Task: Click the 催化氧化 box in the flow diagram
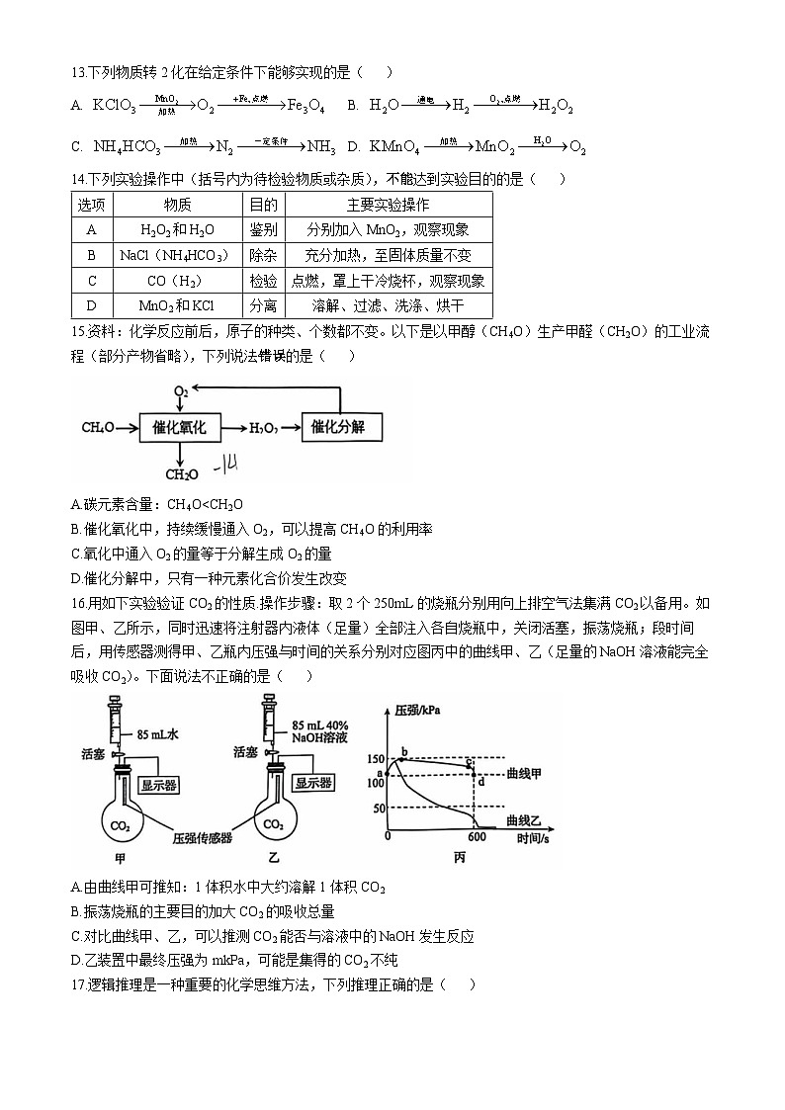tap(179, 427)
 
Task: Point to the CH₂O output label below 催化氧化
tap(180, 474)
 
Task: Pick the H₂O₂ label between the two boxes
tap(263, 428)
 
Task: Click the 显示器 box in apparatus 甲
tap(159, 784)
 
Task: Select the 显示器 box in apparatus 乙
tap(308, 783)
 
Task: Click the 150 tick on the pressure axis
tap(376, 759)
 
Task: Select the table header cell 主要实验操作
tap(388, 205)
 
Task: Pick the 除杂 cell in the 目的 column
tap(263, 255)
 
